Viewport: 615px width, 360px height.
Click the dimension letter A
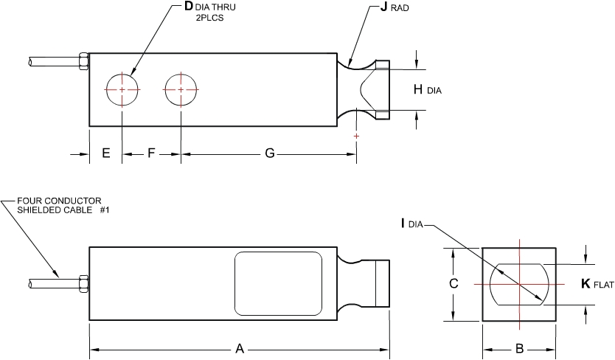(x=240, y=349)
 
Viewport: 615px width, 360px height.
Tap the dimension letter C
(x=454, y=283)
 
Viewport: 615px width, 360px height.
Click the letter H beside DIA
(x=418, y=89)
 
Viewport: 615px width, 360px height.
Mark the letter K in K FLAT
(x=586, y=283)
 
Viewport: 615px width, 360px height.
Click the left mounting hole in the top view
(x=122, y=89)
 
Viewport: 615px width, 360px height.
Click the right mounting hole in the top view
(x=181, y=89)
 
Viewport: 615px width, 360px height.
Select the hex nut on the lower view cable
(x=83, y=283)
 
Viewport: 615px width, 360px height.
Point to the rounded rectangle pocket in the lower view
(x=279, y=282)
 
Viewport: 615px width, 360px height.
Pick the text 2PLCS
(x=209, y=18)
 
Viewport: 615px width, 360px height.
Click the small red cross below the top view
(x=357, y=136)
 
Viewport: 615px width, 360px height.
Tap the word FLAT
(x=605, y=285)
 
